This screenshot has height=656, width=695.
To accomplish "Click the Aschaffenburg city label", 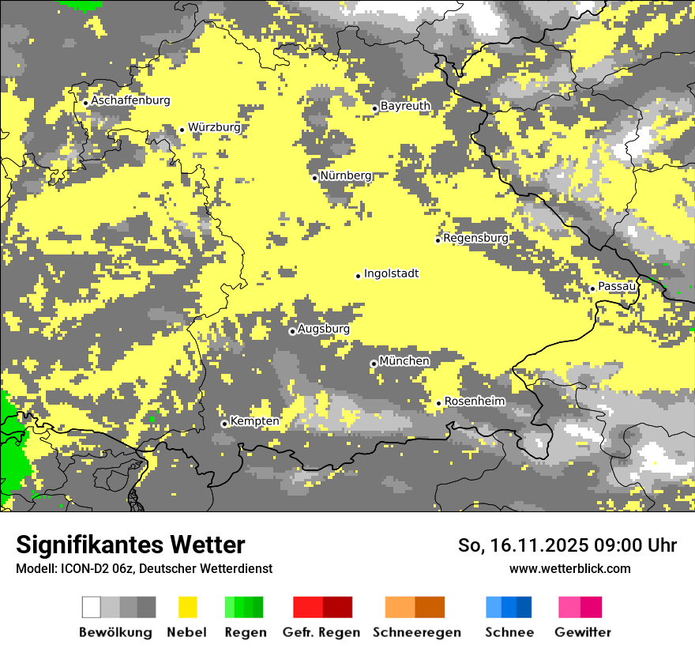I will click(x=130, y=100).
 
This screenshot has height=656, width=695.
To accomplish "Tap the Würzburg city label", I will click(x=214, y=127).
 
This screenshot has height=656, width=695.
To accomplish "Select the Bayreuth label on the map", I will click(x=405, y=106).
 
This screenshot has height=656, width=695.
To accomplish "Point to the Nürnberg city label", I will click(x=346, y=175).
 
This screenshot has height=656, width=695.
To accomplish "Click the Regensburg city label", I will click(x=475, y=238).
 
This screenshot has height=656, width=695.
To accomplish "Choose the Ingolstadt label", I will click(x=391, y=273).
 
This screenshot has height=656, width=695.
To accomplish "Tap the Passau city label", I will click(x=617, y=286).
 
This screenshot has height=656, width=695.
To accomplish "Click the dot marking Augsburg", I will click(x=292, y=331).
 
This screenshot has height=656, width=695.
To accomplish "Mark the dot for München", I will click(x=374, y=364).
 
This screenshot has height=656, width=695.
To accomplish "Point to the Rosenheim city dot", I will click(x=439, y=403).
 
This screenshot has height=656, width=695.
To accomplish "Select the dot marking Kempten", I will click(x=224, y=424).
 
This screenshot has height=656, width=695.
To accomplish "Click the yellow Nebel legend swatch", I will click(x=187, y=607).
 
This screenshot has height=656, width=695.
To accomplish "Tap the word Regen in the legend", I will click(x=244, y=632).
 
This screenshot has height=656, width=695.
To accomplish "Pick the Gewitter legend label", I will click(x=582, y=632).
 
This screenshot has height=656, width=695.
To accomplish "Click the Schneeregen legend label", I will click(x=416, y=632).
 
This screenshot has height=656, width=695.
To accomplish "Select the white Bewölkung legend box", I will click(x=92, y=607).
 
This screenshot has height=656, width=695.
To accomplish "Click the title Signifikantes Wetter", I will click(x=130, y=545).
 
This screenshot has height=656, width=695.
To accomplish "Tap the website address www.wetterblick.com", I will click(x=569, y=568).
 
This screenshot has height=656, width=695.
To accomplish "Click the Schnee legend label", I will click(x=509, y=632).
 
